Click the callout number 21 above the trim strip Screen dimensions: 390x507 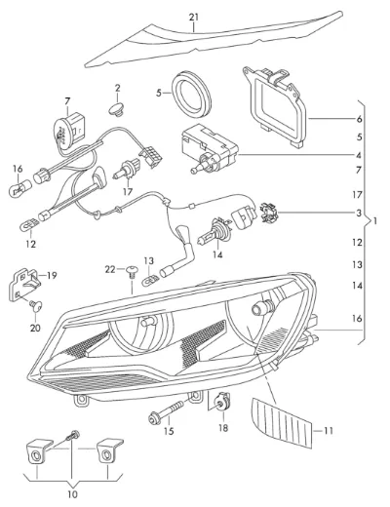pyautogui.click(x=194, y=18)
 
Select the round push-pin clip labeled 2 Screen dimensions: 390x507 pyautogui.click(x=117, y=109)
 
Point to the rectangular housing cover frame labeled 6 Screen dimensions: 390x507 pyautogui.click(x=275, y=105)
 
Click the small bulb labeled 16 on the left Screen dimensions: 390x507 pyautogui.click(x=20, y=188)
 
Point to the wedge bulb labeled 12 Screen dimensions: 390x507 pyautogui.click(x=29, y=225)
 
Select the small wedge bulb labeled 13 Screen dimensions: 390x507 pyautogui.click(x=150, y=280)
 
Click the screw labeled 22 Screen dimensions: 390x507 pyautogui.click(x=132, y=272)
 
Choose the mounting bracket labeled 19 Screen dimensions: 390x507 pyautogui.click(x=24, y=284)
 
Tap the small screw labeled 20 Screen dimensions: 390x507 pyautogui.click(x=36, y=305)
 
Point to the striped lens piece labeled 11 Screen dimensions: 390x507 pyautogui.click(x=282, y=421)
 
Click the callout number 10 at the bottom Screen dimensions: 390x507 pyautogui.click(x=72, y=495)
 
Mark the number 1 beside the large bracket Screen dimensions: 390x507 pyautogui.click(x=375, y=221)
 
